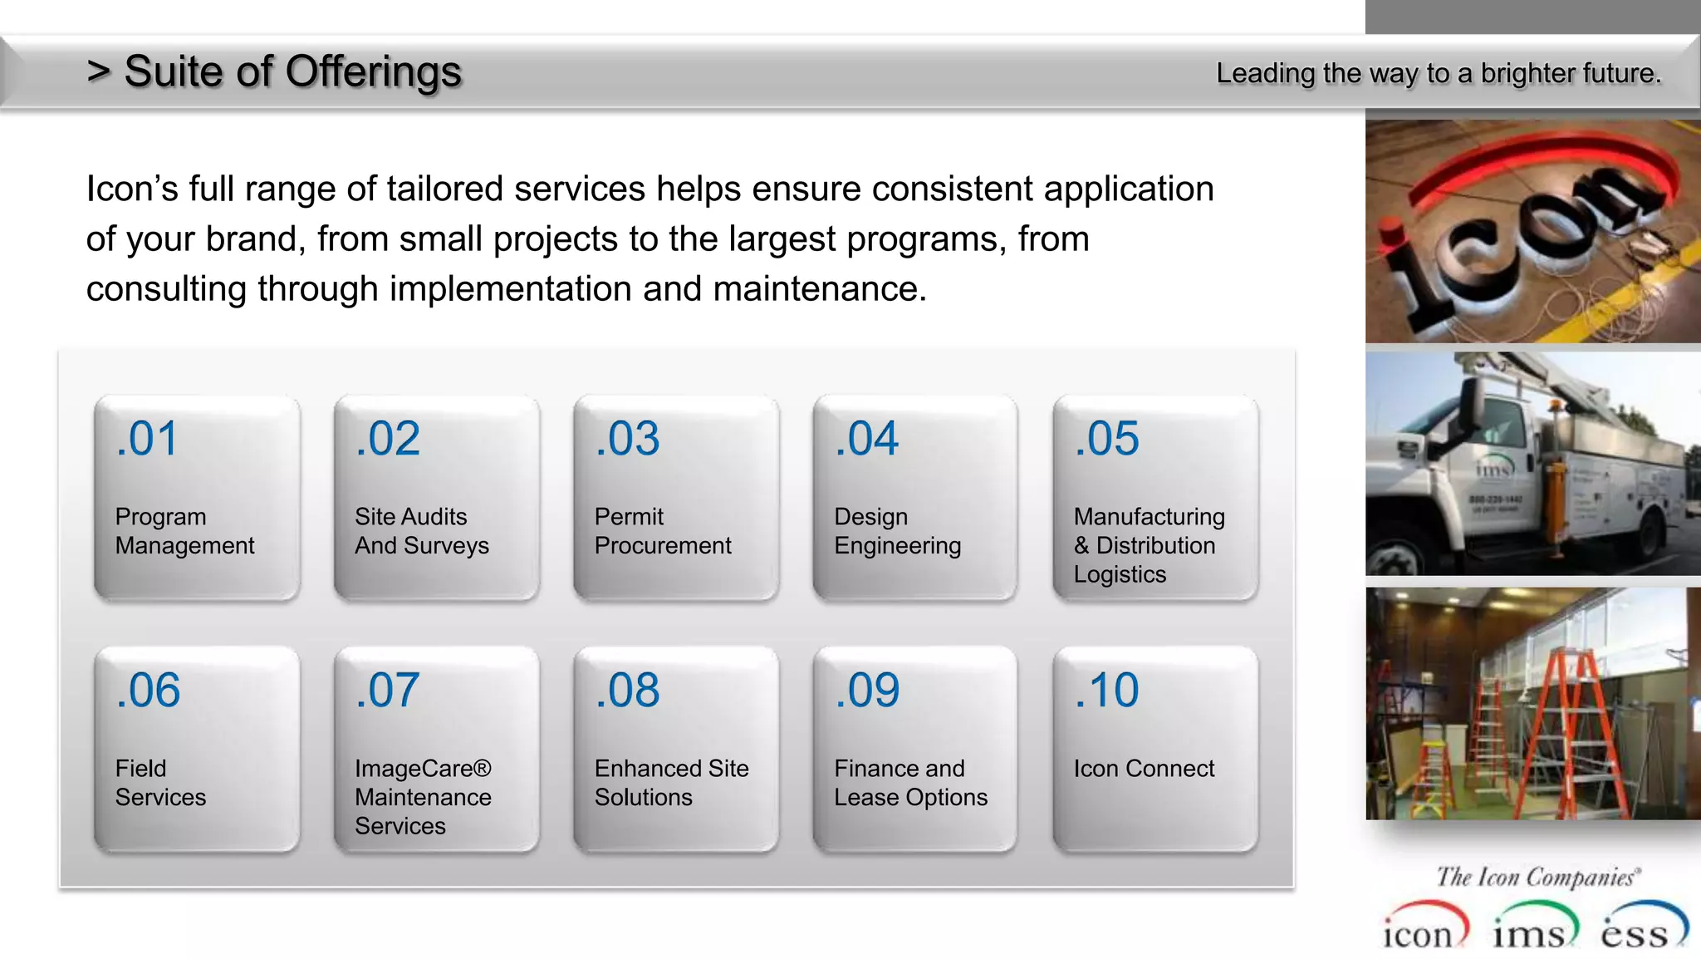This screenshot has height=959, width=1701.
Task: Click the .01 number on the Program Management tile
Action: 147,439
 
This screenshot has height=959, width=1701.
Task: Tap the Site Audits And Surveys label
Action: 421,531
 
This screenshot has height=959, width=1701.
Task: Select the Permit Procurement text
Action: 662,531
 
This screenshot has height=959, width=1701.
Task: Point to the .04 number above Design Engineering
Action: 866,439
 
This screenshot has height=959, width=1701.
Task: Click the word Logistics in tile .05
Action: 1120,574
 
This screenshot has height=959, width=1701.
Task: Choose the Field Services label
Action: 159,783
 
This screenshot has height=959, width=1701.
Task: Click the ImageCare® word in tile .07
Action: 423,769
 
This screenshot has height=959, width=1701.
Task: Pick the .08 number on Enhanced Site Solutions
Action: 627,691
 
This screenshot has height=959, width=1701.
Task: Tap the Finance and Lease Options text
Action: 910,783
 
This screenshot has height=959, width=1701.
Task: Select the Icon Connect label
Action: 1143,769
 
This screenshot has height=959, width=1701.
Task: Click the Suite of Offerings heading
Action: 292,71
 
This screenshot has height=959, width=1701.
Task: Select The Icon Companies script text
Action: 1537,878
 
